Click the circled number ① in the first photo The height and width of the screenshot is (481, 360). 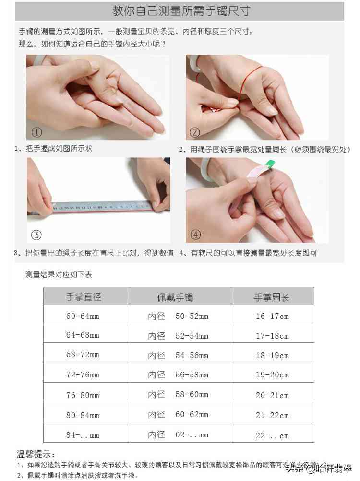click(x=37, y=132)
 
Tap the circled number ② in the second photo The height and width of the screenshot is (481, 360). click(x=195, y=132)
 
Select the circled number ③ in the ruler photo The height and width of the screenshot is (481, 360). click(x=36, y=235)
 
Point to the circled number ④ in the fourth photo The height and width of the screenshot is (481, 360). click(x=195, y=235)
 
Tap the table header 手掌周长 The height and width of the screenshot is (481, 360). click(x=272, y=297)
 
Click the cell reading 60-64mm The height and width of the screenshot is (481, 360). click(x=83, y=316)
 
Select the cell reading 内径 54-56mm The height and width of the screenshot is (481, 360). click(x=178, y=355)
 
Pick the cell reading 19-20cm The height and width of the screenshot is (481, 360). click(x=272, y=375)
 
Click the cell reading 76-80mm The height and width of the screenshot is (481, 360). click(x=83, y=395)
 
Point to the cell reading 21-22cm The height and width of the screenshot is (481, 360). click(x=272, y=415)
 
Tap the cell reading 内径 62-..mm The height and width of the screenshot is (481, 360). click(x=178, y=435)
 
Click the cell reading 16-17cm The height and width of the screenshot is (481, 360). click(x=272, y=316)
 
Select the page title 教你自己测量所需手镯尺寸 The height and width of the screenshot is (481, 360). click(x=180, y=11)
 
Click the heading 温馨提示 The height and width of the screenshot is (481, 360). click(x=36, y=454)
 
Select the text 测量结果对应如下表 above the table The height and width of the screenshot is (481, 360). click(x=59, y=275)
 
